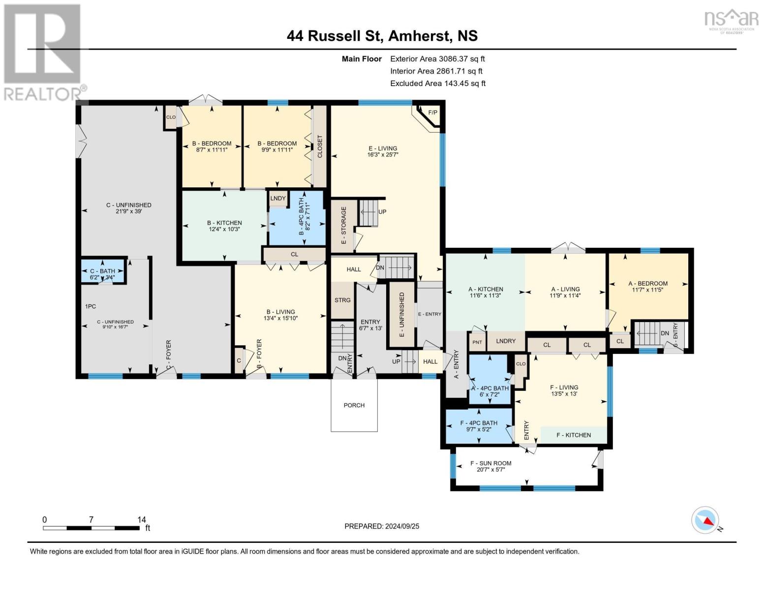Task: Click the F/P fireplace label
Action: click(432, 113)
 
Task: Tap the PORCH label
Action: click(354, 405)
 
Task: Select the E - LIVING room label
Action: click(383, 148)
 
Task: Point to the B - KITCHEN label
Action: click(224, 223)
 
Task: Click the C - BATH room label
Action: click(103, 271)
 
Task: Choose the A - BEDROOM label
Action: click(648, 284)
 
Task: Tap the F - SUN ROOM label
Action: click(491, 463)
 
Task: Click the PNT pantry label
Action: click(477, 342)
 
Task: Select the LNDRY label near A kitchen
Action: click(506, 341)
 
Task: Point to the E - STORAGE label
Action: click(343, 225)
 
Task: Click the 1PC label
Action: click(91, 306)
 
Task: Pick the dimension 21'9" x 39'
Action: click(129, 211)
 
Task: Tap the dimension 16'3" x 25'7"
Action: click(383, 154)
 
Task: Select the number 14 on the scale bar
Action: click(142, 519)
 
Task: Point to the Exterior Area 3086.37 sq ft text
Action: click(437, 59)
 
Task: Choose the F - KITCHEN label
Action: click(574, 435)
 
